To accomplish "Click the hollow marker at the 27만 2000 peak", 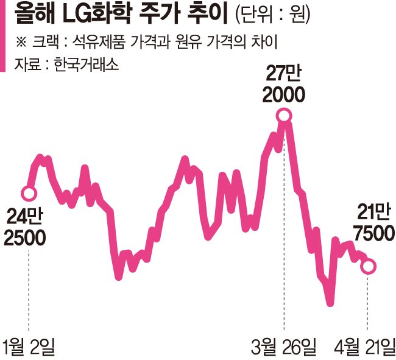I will pos(284,115).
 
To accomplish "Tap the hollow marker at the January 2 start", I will pos(29,194).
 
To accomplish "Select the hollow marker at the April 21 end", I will pos(369,266).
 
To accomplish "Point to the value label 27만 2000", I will pos(283,85).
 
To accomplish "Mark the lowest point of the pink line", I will pos(330,303).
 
